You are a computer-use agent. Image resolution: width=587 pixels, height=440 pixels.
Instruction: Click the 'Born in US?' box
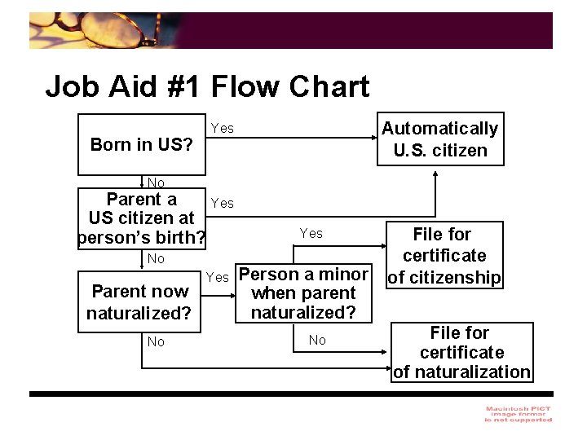(x=142, y=145)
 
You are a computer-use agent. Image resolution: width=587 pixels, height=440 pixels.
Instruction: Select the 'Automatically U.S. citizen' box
(x=440, y=139)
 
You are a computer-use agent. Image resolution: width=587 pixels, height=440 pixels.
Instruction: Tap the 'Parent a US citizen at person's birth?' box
(x=142, y=218)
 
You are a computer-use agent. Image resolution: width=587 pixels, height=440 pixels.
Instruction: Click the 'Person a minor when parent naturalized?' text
(x=303, y=293)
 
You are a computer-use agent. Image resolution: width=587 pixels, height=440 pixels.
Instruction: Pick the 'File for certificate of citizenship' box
(x=444, y=255)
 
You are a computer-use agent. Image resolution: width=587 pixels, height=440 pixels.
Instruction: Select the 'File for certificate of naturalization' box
(x=461, y=352)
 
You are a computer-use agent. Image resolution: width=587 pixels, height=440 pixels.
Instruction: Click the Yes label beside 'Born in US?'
(x=223, y=128)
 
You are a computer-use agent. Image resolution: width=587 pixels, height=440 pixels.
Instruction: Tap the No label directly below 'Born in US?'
(x=156, y=183)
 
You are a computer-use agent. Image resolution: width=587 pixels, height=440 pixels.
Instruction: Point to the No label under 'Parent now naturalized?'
(x=156, y=341)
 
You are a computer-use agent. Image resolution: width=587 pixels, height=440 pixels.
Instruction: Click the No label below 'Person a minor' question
(x=317, y=340)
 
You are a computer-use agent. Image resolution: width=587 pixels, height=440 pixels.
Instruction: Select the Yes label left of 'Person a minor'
(x=218, y=277)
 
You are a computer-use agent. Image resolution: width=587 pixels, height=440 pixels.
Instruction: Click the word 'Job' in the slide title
(x=72, y=86)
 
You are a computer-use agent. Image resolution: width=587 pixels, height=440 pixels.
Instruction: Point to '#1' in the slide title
(x=181, y=86)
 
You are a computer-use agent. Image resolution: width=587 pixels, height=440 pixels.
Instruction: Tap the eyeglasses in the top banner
(x=114, y=31)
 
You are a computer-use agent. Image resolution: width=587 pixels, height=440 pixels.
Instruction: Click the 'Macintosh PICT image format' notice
(x=518, y=414)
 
